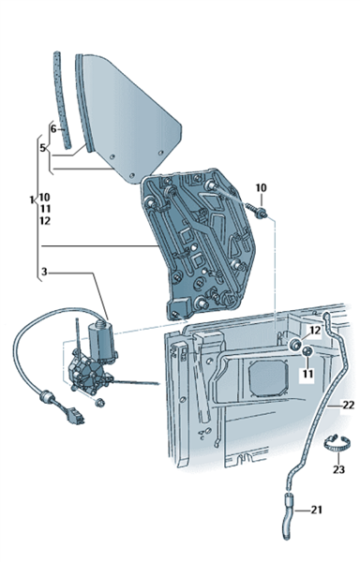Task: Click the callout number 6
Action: click(x=53, y=128)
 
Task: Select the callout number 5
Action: click(x=43, y=148)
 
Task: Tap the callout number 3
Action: click(x=44, y=272)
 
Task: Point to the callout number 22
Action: click(x=348, y=406)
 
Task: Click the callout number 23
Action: click(x=338, y=469)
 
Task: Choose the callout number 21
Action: click(x=316, y=510)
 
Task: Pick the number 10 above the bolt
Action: click(x=261, y=187)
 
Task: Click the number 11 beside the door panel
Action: click(x=307, y=374)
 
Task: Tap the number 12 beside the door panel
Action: click(x=315, y=331)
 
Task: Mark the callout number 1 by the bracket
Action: click(x=32, y=200)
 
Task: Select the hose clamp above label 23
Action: click(x=337, y=442)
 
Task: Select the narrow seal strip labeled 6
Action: click(x=62, y=99)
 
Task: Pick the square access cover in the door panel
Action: click(x=268, y=378)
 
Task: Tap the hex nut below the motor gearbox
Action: click(x=100, y=403)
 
